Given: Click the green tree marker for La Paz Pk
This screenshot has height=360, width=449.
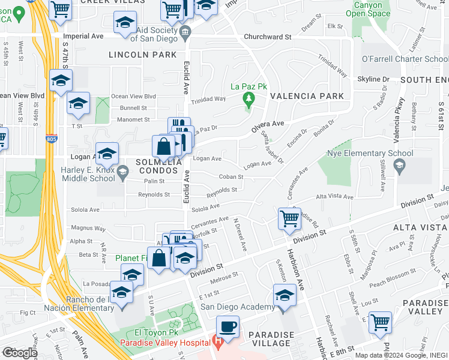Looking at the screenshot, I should coord(247,98).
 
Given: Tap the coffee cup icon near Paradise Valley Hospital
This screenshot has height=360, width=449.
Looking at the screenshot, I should coord(228,328).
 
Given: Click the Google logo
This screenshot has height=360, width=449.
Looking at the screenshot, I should coord(19,352).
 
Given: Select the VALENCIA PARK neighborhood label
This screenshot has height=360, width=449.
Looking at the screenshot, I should coord(307,96).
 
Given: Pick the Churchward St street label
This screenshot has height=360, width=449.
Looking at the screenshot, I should coord(267,37).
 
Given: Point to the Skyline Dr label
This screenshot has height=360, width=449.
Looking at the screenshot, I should coord(373,79).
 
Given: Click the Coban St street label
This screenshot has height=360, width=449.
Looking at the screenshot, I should coord(231,177).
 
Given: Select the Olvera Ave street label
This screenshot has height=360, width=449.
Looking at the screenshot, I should coord(267,124).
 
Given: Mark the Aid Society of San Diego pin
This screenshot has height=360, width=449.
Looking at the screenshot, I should coord(184,32).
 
